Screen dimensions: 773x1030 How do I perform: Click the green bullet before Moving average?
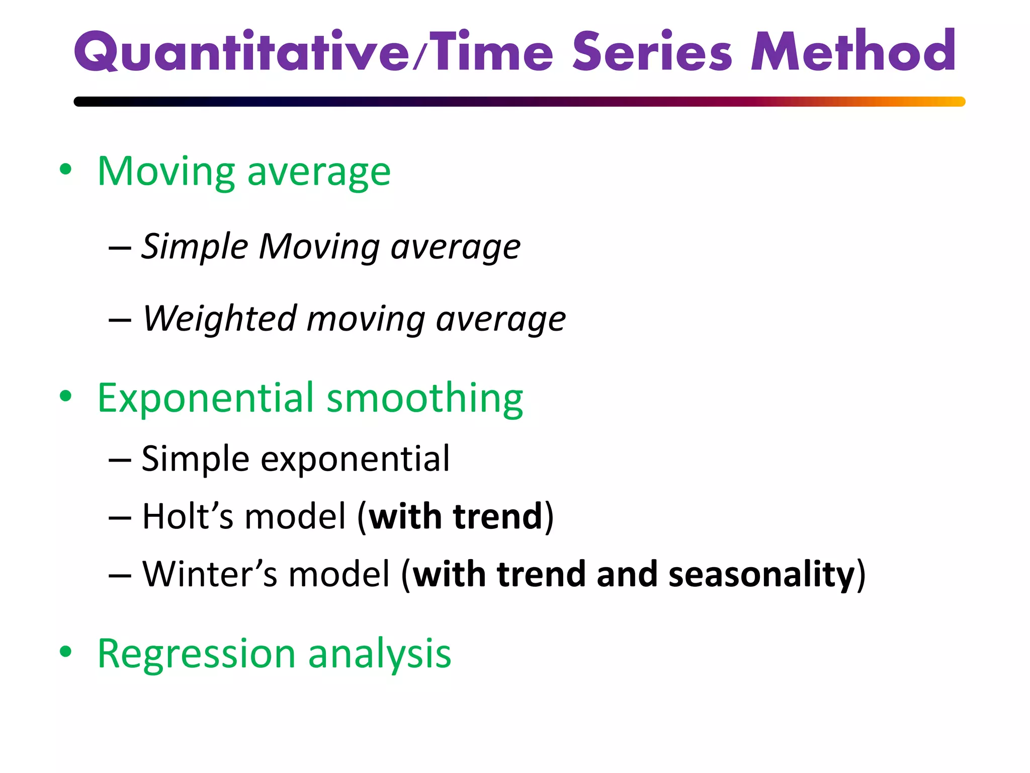click(65, 170)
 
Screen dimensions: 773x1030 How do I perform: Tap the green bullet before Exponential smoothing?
click(65, 397)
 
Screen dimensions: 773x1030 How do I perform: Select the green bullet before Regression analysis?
click(65, 652)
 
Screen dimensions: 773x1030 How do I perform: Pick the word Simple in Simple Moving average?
click(195, 247)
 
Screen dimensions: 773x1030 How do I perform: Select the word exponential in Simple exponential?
click(355, 460)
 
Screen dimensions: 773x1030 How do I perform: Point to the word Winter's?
click(209, 574)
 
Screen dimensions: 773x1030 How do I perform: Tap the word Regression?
click(196, 654)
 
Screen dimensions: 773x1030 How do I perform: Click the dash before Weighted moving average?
click(120, 320)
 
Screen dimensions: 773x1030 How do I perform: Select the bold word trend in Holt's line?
click(497, 517)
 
